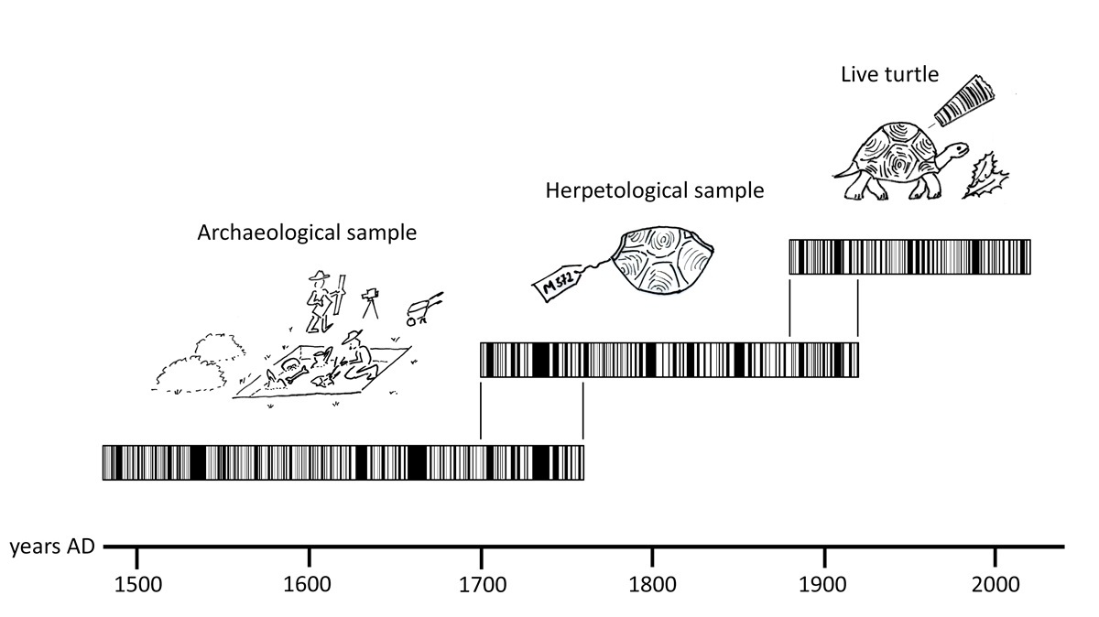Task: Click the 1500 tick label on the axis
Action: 136,582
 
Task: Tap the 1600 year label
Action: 309,582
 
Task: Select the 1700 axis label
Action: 480,582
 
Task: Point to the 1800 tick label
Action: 652,582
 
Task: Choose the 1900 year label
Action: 824,582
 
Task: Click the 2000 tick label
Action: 996,582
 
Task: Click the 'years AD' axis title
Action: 50,547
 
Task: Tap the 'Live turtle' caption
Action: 889,74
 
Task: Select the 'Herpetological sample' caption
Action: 654,191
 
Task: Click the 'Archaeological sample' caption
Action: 307,233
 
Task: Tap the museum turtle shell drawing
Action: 663,261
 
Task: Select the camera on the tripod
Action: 370,300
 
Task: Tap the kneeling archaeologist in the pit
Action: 355,360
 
